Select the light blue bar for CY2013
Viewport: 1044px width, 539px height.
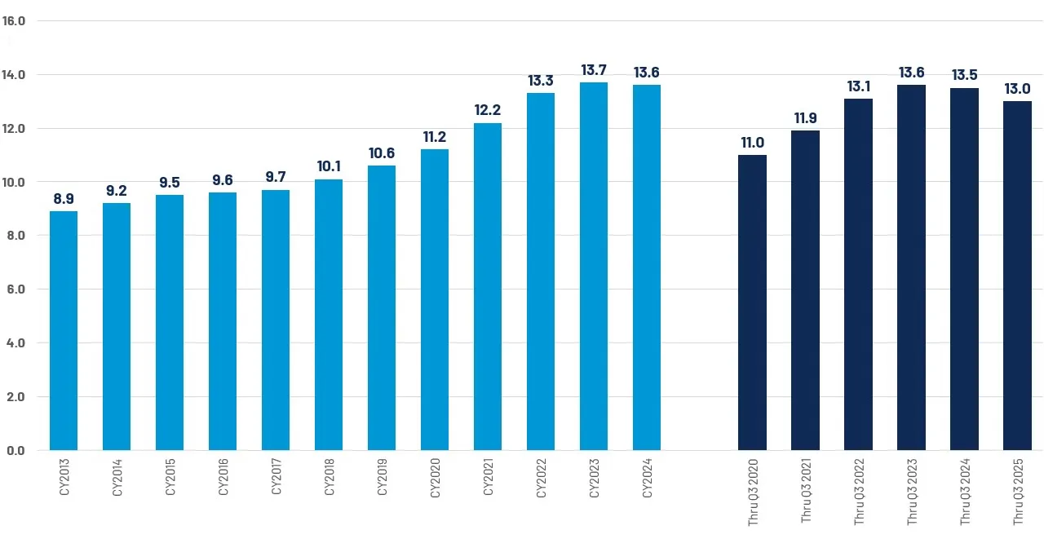[64, 330]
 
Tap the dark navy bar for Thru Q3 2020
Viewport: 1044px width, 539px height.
[752, 302]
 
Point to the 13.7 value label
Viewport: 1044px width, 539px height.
[594, 71]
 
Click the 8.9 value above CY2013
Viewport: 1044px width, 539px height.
[64, 199]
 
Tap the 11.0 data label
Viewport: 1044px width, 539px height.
[752, 143]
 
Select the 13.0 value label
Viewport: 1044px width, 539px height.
[1017, 89]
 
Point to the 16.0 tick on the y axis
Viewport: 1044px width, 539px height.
[15, 20]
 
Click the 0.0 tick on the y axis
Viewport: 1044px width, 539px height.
[15, 450]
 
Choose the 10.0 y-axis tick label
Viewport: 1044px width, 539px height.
[15, 182]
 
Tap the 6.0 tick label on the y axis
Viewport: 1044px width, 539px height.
[15, 289]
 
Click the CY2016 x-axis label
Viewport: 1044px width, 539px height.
[223, 479]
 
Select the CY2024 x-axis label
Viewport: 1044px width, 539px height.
[648, 479]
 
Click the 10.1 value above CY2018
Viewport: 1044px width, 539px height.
[329, 167]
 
